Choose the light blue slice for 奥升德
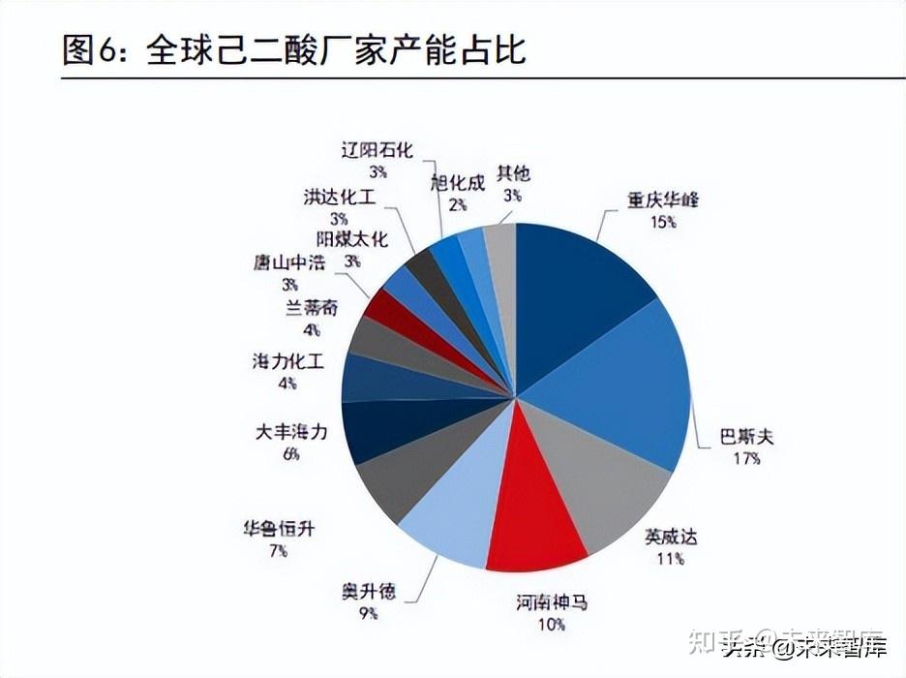point(450,508)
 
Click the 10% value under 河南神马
point(552,625)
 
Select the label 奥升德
point(369,591)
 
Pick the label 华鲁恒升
point(279,529)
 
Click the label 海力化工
point(287,361)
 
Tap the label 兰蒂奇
point(312,308)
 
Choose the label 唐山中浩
point(288,262)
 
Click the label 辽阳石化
point(377,150)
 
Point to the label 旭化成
point(458,182)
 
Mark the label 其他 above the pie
point(514,173)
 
